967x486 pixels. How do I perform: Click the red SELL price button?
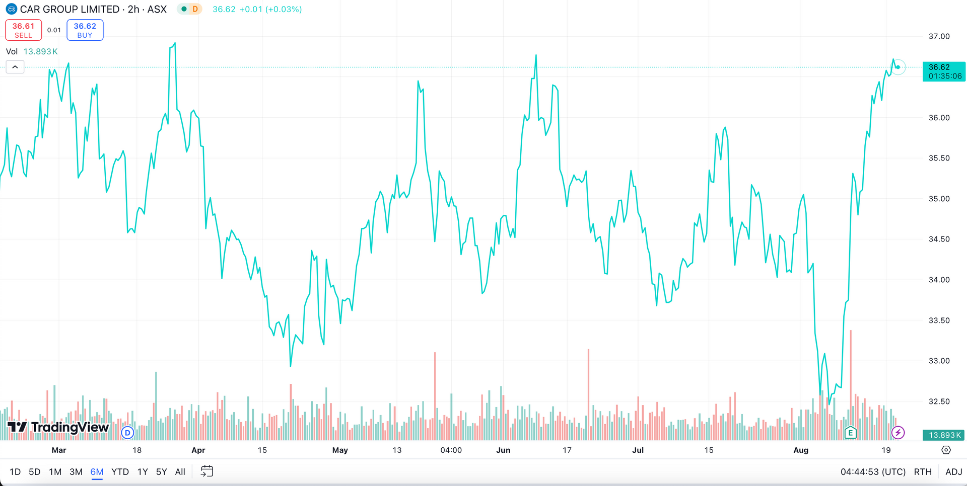[x=23, y=30]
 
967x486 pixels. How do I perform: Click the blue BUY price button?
[x=85, y=30]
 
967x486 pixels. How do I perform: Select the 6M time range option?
[x=97, y=472]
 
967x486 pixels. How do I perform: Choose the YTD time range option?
[x=120, y=472]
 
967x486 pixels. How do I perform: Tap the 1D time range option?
[x=15, y=472]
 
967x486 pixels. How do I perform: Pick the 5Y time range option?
[x=161, y=472]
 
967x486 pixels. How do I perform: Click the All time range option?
[x=180, y=472]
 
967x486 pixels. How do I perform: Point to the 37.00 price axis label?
[x=939, y=37]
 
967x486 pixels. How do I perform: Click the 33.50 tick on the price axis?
[x=939, y=320]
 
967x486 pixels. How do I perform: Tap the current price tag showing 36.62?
[x=943, y=71]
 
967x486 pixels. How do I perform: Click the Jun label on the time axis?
[x=503, y=450]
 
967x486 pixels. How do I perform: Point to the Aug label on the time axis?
[x=800, y=450]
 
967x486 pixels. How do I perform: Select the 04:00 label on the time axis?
[x=451, y=450]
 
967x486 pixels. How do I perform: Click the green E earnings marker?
[x=850, y=432]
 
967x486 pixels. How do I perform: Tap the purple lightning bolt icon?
[x=897, y=432]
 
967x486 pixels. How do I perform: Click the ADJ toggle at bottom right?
[x=953, y=472]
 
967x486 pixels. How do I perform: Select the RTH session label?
[x=923, y=472]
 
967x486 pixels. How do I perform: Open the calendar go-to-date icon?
[x=207, y=471]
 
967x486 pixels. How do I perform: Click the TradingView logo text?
[x=70, y=428]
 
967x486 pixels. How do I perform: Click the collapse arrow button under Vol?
[x=15, y=67]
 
